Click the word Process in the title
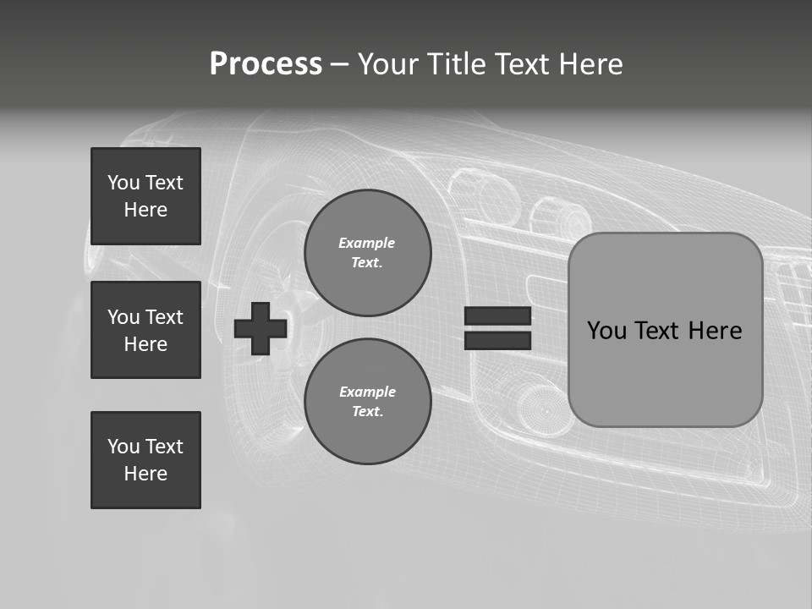pyautogui.click(x=266, y=64)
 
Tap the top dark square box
pyautogui.click(x=145, y=196)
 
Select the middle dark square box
pyautogui.click(x=145, y=330)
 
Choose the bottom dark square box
pyautogui.click(x=145, y=460)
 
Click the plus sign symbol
pyautogui.click(x=261, y=328)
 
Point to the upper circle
pyautogui.click(x=367, y=252)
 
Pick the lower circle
pyautogui.click(x=367, y=401)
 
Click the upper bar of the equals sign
pyautogui.click(x=497, y=315)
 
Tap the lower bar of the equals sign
pyautogui.click(x=497, y=340)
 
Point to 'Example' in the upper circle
pyautogui.click(x=367, y=243)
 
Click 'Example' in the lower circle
pyautogui.click(x=367, y=392)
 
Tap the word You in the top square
pyautogui.click(x=122, y=183)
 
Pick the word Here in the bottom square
pyautogui.click(x=145, y=474)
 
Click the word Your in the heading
pyautogui.click(x=387, y=64)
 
